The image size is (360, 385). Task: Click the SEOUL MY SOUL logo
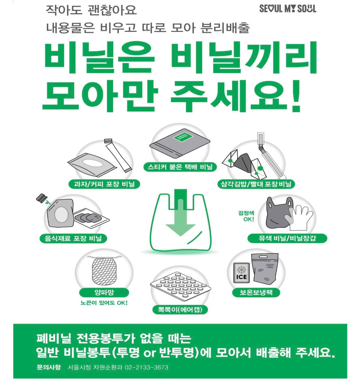pyautogui.click(x=288, y=9)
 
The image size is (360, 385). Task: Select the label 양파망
pyautogui.click(x=104, y=293)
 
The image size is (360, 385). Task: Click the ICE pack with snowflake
pyautogui.click(x=241, y=273)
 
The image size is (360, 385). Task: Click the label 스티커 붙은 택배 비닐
pyautogui.click(x=180, y=167)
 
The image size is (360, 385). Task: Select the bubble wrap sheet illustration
pyautogui.click(x=180, y=285)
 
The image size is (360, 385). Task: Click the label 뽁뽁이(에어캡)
pyautogui.click(x=180, y=310)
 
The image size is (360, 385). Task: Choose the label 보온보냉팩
pyautogui.click(x=256, y=293)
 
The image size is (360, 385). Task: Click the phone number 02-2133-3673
pyautogui.click(x=147, y=367)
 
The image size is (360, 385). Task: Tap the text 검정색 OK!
pyautogui.click(x=246, y=216)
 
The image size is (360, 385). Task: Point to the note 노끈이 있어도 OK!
pyautogui.click(x=104, y=303)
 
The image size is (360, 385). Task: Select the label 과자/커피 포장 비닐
pyautogui.click(x=104, y=184)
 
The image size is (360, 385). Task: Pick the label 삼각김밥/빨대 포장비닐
pyautogui.click(x=256, y=184)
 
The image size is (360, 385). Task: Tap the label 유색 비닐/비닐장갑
pyautogui.click(x=287, y=238)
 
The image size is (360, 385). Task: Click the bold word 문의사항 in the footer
pyautogui.click(x=49, y=367)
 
